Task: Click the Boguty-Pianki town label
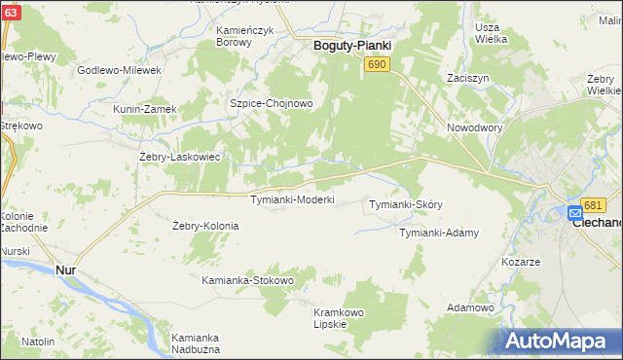pos(351,45)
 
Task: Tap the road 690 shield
pos(378,63)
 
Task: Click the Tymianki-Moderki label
pos(293,199)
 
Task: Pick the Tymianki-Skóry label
pos(407,204)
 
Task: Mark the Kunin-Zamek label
pos(145,109)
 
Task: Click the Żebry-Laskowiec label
pos(181,156)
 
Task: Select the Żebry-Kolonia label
pos(204,226)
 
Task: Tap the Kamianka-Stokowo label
pos(247,280)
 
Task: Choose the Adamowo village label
pos(471,307)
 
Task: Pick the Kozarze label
pos(520,263)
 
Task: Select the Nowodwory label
pos(474,127)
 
